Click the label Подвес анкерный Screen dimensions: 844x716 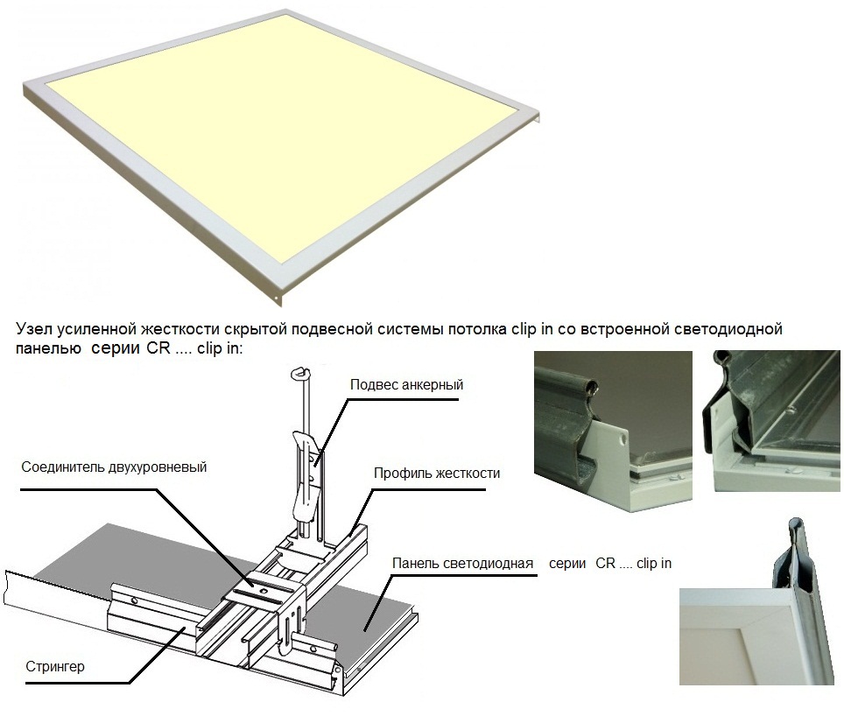(x=406, y=384)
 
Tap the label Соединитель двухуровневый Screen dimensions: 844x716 (x=114, y=467)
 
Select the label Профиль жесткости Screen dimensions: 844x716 (x=437, y=474)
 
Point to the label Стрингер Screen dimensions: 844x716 (x=55, y=667)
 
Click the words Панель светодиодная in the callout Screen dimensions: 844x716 (x=462, y=563)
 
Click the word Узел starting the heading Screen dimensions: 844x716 (x=34, y=329)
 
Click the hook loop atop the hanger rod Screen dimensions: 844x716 (x=299, y=372)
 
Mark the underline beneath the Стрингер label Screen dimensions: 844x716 (x=78, y=684)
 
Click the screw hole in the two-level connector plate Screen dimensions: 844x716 (x=264, y=591)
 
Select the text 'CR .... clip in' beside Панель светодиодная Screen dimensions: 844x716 (x=634, y=563)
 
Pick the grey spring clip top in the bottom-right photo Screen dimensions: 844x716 (x=797, y=530)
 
